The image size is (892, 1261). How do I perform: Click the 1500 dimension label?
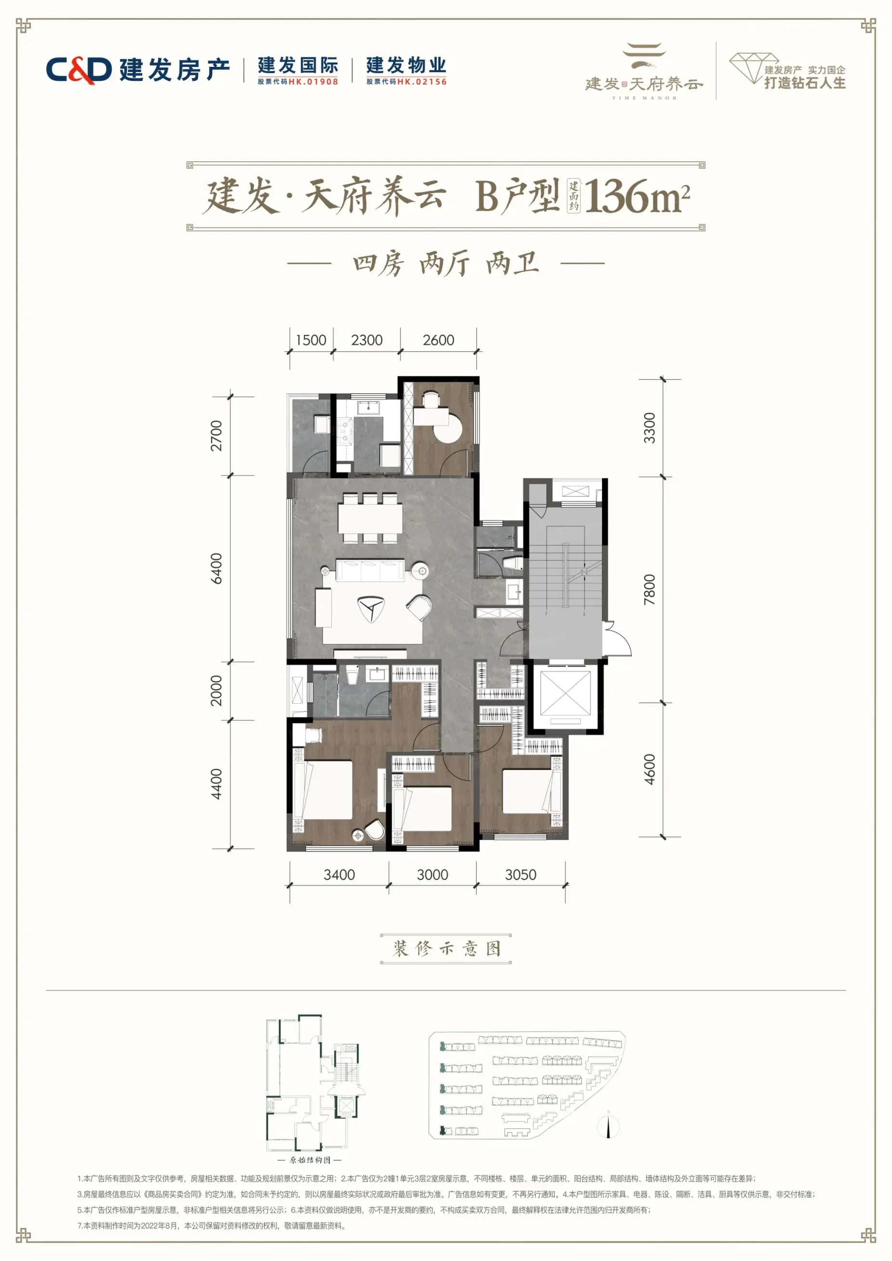click(311, 340)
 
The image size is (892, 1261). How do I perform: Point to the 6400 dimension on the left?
click(217, 568)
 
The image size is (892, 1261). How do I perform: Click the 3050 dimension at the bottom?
click(521, 875)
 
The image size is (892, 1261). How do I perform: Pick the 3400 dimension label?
click(339, 875)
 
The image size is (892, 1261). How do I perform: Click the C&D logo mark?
click(79, 70)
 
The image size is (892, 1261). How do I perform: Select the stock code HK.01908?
click(313, 82)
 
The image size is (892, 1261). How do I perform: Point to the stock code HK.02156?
click(422, 82)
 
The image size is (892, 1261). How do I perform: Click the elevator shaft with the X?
click(565, 693)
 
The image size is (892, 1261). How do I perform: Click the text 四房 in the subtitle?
click(378, 264)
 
